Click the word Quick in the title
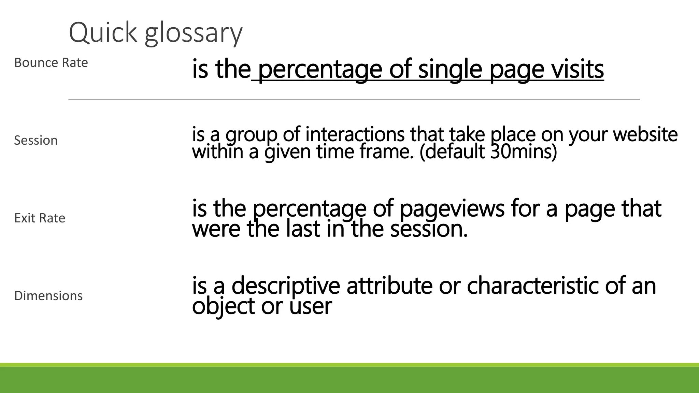(x=103, y=33)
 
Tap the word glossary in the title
(x=193, y=34)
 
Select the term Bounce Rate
(x=51, y=63)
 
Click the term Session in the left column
(x=36, y=141)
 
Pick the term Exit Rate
(x=40, y=218)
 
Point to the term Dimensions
(x=48, y=296)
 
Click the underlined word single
(x=450, y=69)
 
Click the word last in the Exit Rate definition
(x=302, y=229)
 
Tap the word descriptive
(x=286, y=286)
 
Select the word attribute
(x=389, y=286)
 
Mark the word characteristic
(x=532, y=286)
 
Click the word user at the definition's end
(x=311, y=306)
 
